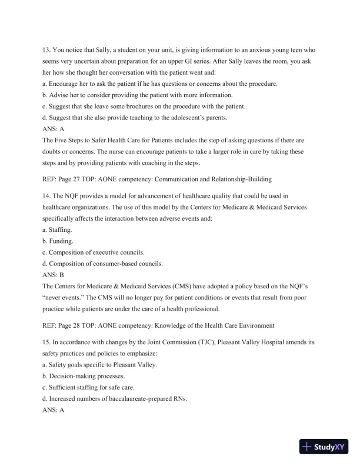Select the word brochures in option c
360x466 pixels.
point(134,106)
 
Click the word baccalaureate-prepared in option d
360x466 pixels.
point(138,400)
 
